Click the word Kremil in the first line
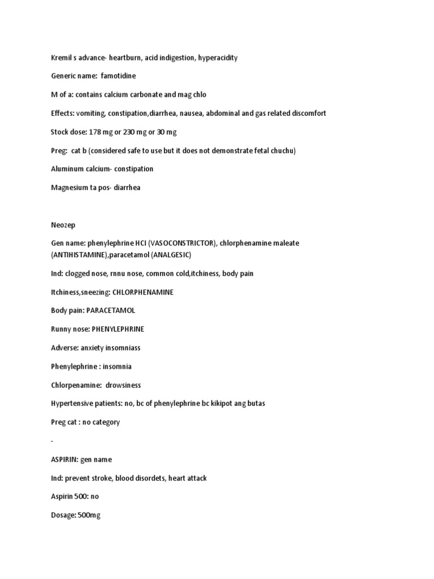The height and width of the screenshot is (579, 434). [60, 58]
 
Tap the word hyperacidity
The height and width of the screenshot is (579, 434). [218, 58]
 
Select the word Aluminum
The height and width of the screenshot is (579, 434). [68, 168]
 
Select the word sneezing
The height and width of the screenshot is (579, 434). [99, 292]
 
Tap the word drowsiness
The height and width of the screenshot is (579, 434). [123, 385]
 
